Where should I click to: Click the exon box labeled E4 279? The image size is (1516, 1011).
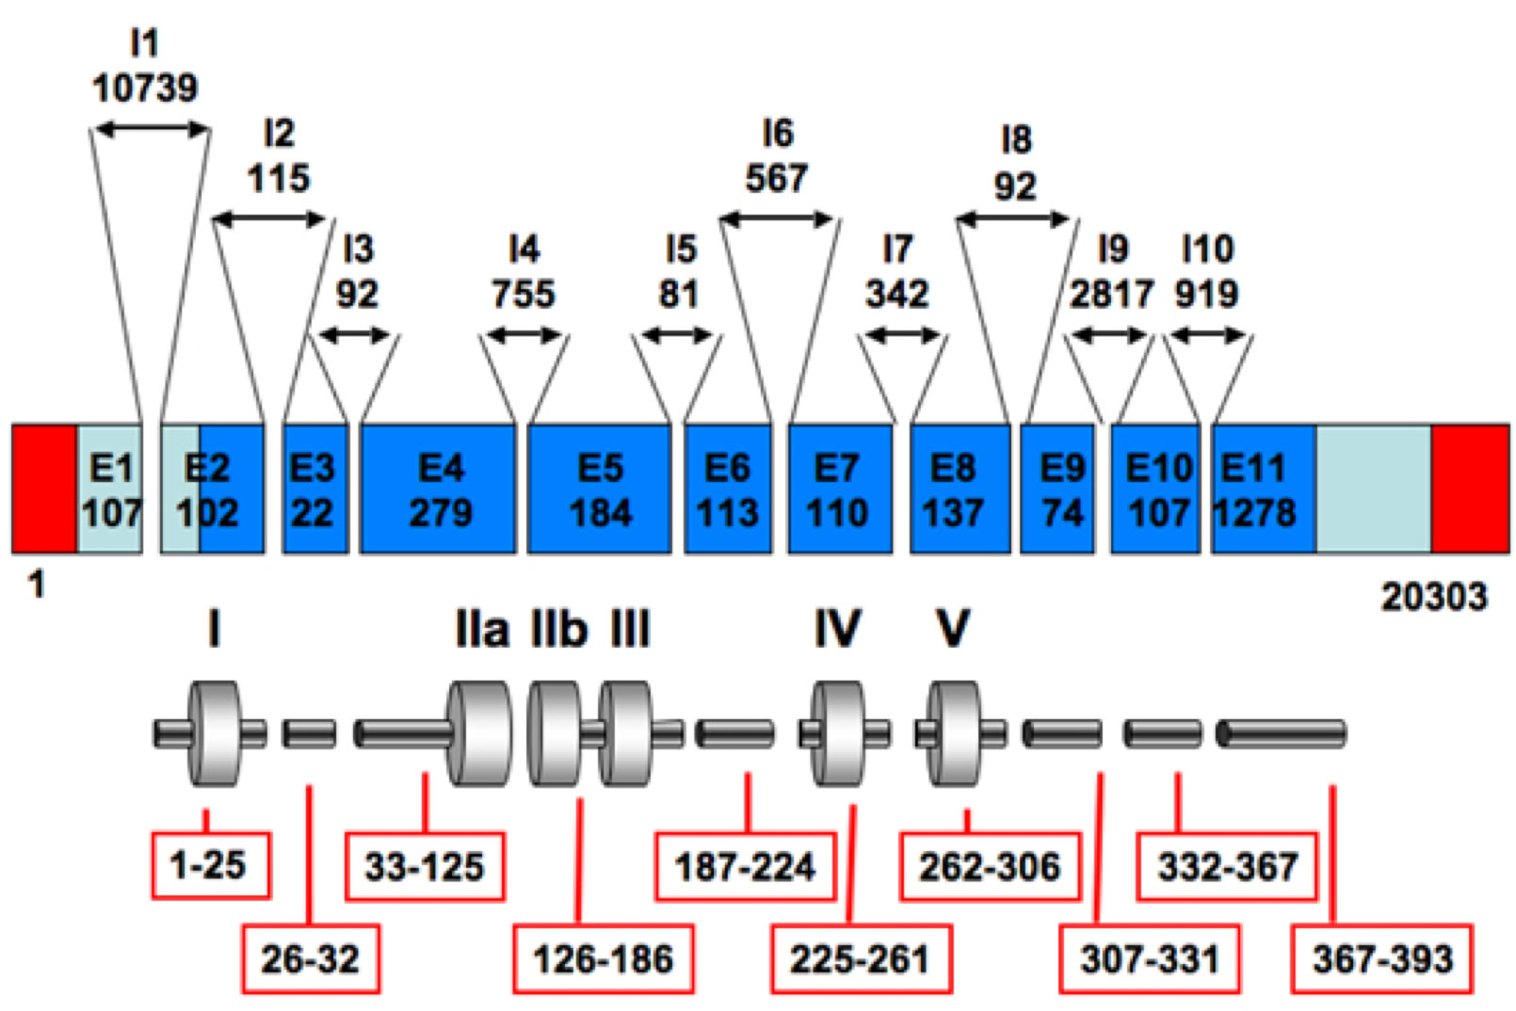pyautogui.click(x=438, y=489)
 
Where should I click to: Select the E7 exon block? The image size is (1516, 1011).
pyautogui.click(x=839, y=489)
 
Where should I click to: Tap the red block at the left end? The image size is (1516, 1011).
pyautogui.click(x=44, y=489)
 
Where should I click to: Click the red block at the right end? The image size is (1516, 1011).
pyautogui.click(x=1469, y=489)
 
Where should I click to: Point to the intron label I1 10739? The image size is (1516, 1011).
pyautogui.click(x=145, y=66)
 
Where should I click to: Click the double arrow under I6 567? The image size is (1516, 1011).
pyautogui.click(x=777, y=220)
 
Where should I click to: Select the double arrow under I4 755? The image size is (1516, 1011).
pyautogui.click(x=524, y=335)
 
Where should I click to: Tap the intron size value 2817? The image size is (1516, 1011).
pyautogui.click(x=1111, y=295)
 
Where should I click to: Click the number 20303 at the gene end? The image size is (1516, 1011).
pyautogui.click(x=1434, y=597)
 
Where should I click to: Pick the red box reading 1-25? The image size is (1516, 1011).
pyautogui.click(x=211, y=864)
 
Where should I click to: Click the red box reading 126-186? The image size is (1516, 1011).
pyautogui.click(x=604, y=958)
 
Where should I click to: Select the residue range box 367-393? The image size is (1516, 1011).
pyautogui.click(x=1382, y=958)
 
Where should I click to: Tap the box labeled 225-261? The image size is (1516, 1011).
pyautogui.click(x=861, y=958)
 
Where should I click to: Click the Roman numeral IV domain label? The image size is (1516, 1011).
pyautogui.click(x=837, y=629)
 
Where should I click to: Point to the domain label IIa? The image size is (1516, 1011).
pyautogui.click(x=482, y=629)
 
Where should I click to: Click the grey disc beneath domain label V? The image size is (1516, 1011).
pyautogui.click(x=955, y=732)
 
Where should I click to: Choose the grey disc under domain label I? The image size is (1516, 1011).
pyautogui.click(x=215, y=732)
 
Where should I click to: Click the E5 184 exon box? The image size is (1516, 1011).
pyautogui.click(x=600, y=489)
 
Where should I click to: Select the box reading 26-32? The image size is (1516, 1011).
pyautogui.click(x=311, y=958)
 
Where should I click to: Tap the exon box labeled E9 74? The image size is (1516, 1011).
pyautogui.click(x=1057, y=489)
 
